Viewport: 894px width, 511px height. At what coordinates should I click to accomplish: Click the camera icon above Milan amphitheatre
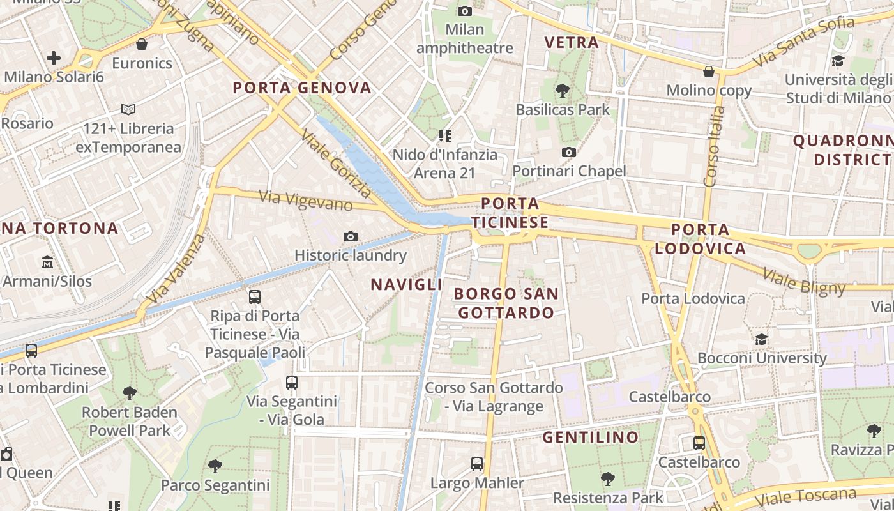[x=465, y=11]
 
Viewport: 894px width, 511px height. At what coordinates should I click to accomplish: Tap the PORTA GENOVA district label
[x=302, y=88]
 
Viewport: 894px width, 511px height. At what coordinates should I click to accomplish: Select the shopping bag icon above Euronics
[x=142, y=44]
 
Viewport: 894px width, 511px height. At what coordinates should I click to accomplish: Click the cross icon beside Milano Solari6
[x=54, y=58]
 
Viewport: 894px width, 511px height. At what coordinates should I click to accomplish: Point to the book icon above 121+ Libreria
[x=128, y=110]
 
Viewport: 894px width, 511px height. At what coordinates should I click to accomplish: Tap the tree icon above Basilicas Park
[x=563, y=91]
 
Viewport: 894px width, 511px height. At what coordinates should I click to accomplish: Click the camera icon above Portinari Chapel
[x=568, y=152]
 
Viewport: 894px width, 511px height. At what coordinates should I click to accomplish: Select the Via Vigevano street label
[x=306, y=201]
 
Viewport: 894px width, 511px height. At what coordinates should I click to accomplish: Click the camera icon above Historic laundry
[x=350, y=237]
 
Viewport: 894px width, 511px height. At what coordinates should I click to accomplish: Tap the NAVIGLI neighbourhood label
[x=407, y=285]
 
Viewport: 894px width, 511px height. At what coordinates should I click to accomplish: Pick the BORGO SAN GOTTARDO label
[x=506, y=303]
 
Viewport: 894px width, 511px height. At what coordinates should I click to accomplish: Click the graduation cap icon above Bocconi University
[x=761, y=339]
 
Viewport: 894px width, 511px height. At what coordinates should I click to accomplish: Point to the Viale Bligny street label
[x=804, y=282]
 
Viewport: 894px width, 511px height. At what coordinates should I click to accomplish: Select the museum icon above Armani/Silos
[x=47, y=263]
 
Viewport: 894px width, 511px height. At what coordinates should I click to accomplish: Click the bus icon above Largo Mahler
[x=477, y=464]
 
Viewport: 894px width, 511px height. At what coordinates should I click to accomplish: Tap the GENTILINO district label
[x=591, y=438]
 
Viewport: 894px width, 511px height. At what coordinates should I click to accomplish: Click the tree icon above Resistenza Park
[x=608, y=478]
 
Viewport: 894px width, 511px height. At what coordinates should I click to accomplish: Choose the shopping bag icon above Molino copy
[x=708, y=72]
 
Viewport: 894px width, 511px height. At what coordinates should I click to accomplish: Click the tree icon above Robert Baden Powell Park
[x=130, y=393]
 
